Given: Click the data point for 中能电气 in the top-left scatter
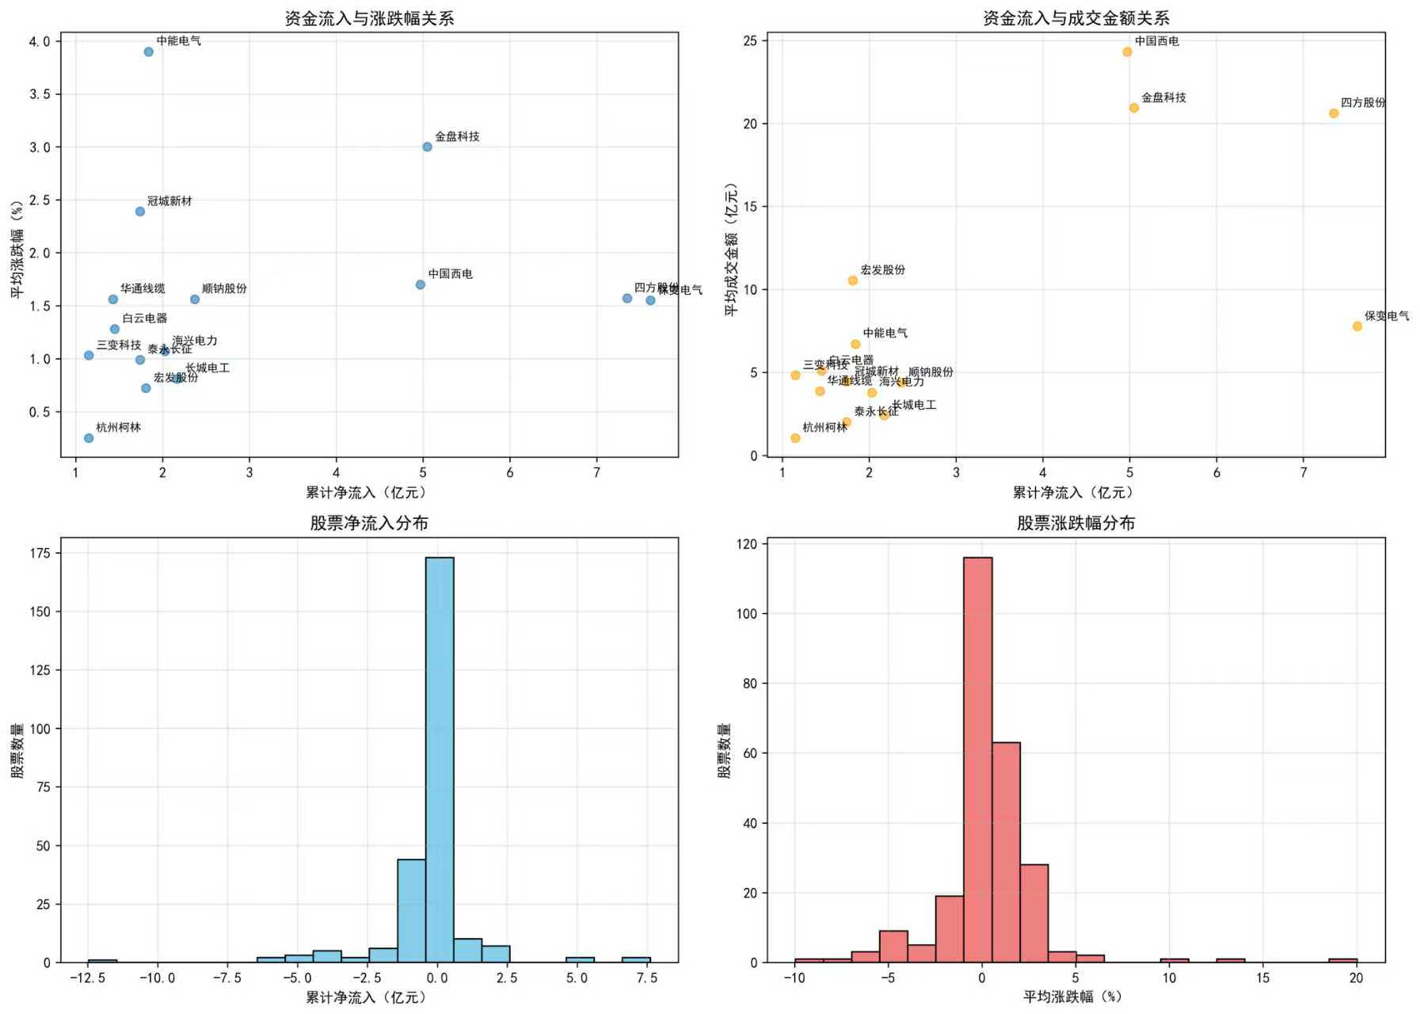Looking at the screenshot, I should (149, 52).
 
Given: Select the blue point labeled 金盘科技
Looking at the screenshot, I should (427, 147).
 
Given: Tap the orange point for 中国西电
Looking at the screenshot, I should (1127, 52).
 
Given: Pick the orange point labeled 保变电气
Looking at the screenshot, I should (1357, 326).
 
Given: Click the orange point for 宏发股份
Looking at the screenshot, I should (853, 280).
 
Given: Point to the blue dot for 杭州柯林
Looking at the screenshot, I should (89, 438).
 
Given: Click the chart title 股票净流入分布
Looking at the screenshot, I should (369, 523).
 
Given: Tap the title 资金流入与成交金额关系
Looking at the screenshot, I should (1075, 18).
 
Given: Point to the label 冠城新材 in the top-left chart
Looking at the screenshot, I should (169, 201).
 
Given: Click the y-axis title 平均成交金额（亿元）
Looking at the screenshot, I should (731, 250).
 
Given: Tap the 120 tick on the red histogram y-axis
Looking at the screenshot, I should (746, 544).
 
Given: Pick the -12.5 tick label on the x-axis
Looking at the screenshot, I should (87, 978).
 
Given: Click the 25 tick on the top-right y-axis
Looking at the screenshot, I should (749, 40).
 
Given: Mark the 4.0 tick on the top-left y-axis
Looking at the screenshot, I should (40, 41).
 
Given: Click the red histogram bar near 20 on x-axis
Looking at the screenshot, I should (1342, 960).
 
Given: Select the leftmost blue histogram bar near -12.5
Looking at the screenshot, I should (102, 961).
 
